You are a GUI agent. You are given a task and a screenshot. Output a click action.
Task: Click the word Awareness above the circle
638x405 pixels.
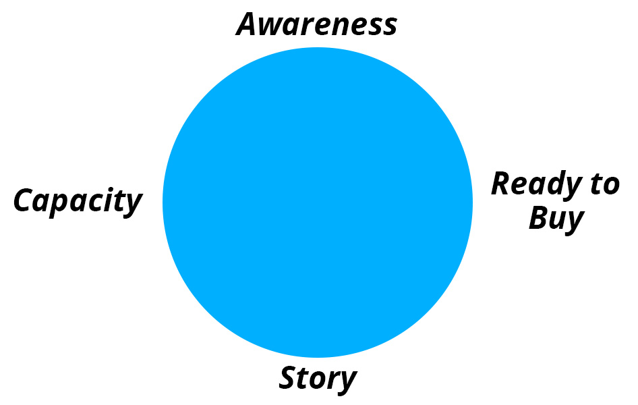point(316,24)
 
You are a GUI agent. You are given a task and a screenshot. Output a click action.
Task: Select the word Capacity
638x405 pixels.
point(78,201)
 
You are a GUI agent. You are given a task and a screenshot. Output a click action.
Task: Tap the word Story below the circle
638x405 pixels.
point(318,379)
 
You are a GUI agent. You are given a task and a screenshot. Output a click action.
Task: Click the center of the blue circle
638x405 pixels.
point(318,202)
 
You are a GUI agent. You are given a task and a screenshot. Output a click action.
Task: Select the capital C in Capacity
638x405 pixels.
point(24,200)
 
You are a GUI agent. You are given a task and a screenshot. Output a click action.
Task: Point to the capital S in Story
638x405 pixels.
point(289,379)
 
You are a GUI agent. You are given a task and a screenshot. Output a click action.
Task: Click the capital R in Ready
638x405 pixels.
point(502,184)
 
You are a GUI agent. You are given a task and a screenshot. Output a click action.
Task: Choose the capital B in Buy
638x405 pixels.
point(540,218)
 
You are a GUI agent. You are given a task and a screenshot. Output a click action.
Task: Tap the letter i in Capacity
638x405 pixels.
point(105,199)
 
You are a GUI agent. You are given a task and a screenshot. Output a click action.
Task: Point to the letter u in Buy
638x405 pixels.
point(560,221)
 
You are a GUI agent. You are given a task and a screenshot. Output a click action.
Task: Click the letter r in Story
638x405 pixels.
point(330,381)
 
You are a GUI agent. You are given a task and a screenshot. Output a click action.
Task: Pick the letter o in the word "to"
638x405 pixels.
point(611,187)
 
